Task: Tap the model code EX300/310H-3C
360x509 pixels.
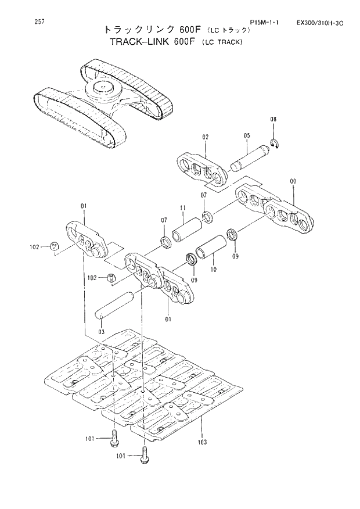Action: point(319,24)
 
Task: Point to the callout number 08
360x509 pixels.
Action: point(274,120)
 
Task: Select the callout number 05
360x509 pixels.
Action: point(247,135)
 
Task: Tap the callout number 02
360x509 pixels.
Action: point(205,137)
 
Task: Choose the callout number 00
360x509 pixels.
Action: point(293,181)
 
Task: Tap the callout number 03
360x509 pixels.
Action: point(101,331)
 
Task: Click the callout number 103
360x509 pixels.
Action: point(202,443)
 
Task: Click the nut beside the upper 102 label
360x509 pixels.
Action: point(54,246)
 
